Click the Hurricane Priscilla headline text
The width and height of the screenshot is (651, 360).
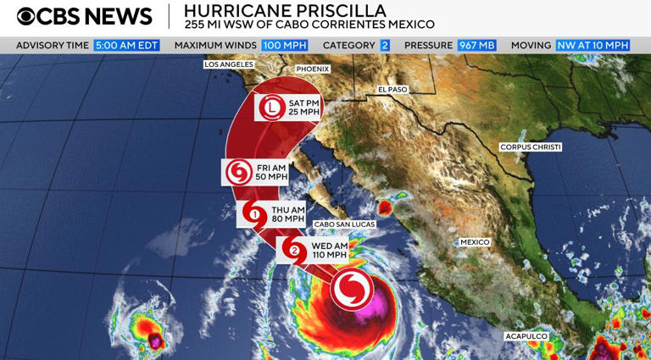point(285,11)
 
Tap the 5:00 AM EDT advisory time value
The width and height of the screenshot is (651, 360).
point(126,45)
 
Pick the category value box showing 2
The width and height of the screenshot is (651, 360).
point(384,45)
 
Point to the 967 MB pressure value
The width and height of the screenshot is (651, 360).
point(476,45)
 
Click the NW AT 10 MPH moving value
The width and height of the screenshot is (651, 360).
point(593,45)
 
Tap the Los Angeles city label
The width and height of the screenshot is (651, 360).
point(229,64)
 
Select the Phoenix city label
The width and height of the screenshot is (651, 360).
point(312,69)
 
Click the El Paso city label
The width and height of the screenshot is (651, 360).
point(392,89)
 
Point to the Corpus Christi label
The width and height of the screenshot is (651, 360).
point(531,147)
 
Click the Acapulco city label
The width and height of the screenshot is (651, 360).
point(526,336)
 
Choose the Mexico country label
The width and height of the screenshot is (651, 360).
point(475,242)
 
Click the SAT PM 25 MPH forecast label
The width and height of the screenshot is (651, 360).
point(303,108)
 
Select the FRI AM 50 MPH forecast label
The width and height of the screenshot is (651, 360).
point(271,173)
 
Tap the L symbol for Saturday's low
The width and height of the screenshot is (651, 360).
point(271,108)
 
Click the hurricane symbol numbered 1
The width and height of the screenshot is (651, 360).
point(254,215)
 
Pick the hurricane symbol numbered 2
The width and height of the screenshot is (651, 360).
point(294,250)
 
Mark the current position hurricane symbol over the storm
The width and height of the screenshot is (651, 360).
point(351,290)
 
